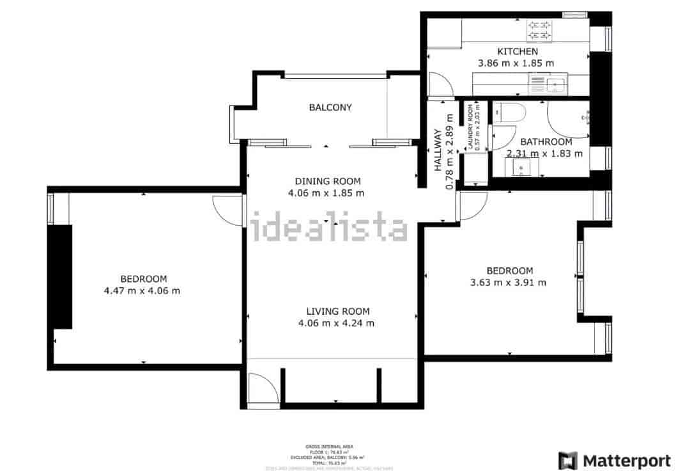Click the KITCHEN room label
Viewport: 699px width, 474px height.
(518, 51)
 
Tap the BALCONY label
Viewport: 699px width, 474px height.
(330, 107)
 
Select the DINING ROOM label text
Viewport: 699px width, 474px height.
(328, 181)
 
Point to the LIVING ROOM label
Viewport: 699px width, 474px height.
(337, 312)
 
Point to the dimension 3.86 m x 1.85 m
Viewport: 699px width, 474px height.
(516, 63)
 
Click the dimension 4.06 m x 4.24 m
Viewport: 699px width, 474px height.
(336, 323)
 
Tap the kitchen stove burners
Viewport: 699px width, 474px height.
(539, 30)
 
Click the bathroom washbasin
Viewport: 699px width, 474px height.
(521, 168)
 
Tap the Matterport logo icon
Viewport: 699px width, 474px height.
(567, 461)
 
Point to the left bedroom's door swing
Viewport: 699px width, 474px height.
(225, 211)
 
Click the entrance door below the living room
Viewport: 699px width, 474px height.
(263, 390)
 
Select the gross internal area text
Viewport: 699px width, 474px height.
(329, 446)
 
